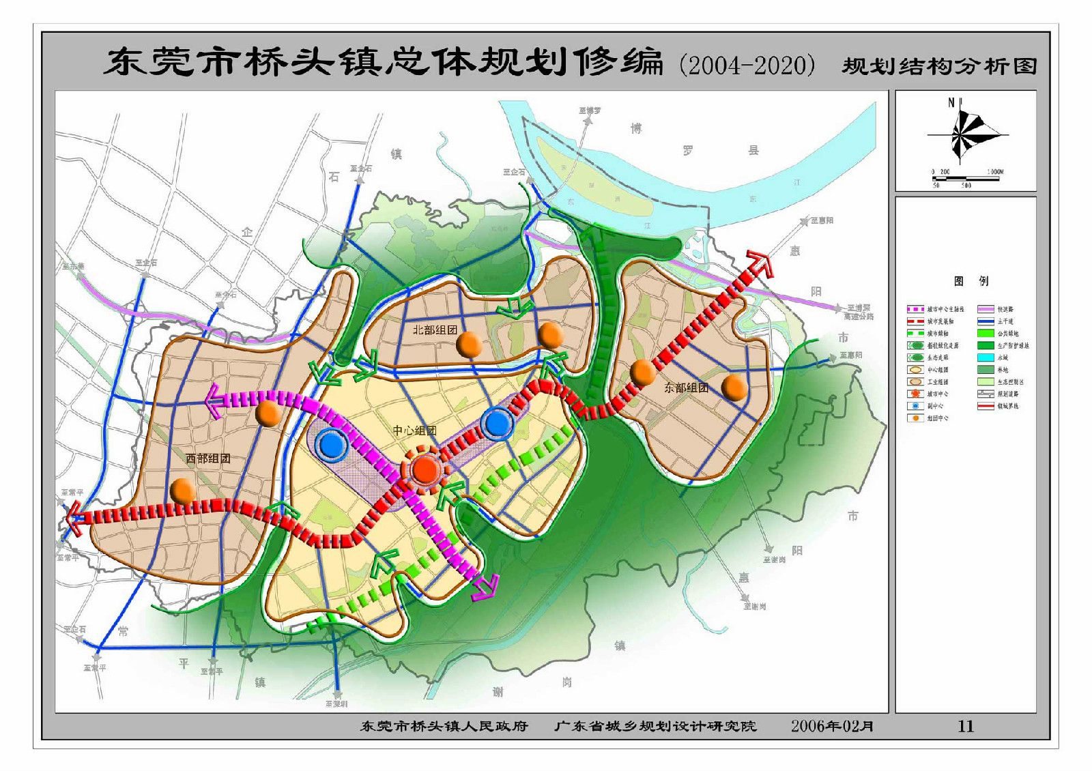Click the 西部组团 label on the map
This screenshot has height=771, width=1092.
[207, 459]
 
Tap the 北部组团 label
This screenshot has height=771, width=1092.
[435, 330]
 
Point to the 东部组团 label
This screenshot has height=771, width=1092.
[686, 388]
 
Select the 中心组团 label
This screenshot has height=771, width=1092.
[414, 431]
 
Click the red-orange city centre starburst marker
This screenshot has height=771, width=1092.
[425, 469]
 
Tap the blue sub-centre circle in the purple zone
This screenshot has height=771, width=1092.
[333, 445]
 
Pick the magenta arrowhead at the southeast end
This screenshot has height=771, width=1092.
[486, 587]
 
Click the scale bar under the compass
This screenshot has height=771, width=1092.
[966, 179]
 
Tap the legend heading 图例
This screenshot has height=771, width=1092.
[971, 280]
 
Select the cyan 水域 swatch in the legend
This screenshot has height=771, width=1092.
[985, 358]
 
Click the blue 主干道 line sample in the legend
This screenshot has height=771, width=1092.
[985, 321]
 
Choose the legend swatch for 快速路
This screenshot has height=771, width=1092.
[985, 309]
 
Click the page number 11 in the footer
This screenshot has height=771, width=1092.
[965, 726]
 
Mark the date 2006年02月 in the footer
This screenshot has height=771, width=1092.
[832, 726]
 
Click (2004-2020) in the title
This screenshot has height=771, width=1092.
[747, 66]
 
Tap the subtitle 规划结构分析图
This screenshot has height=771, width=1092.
[939, 66]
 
